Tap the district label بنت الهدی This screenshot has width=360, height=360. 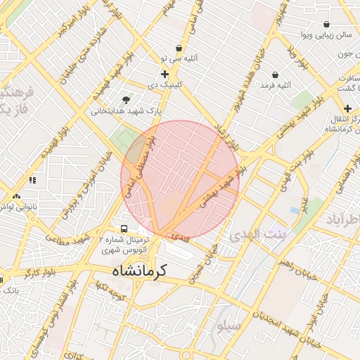coord(254,234)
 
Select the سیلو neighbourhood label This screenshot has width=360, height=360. coord(229,326)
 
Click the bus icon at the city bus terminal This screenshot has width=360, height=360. coord(124,229)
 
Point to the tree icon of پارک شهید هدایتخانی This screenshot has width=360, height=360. coord(126,100)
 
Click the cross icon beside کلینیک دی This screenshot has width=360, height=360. coord(165,74)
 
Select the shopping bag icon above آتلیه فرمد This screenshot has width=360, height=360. coord(274,74)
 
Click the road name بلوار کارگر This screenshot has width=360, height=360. coord(38,274)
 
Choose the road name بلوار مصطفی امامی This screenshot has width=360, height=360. coord(138,166)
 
